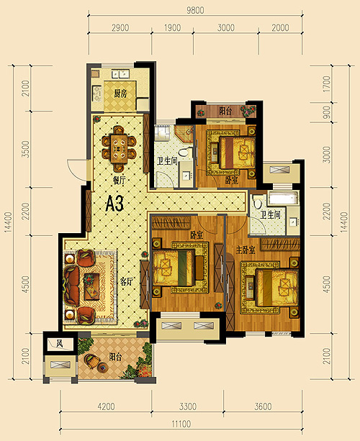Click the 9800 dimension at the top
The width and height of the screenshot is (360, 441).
point(195,10)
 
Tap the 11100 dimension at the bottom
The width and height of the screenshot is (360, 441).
point(181,424)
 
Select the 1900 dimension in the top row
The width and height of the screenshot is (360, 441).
point(172,27)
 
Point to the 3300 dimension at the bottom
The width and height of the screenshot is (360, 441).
point(188,406)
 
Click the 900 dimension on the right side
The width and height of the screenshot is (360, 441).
point(326,112)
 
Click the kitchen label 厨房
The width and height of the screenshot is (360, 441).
point(120,94)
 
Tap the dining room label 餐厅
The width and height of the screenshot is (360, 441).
point(119,181)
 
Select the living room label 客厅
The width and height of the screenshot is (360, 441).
point(127,281)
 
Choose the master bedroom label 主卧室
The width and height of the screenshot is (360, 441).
point(246,250)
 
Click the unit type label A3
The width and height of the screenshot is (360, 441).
point(114,204)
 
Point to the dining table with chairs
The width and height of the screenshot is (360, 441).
point(119,149)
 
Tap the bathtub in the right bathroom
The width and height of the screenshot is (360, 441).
point(283,198)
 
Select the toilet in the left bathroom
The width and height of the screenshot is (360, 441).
point(184,153)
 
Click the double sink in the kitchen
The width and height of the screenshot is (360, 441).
point(120,74)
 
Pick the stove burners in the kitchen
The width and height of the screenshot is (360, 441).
point(97,94)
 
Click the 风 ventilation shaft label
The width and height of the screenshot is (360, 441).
point(59,344)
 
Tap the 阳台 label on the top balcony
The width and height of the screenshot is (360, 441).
point(225,111)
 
